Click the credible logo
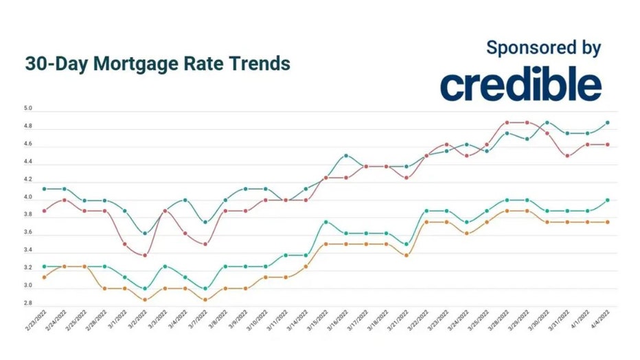(x=521, y=85)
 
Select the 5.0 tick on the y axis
(x=29, y=109)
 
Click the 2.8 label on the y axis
(x=29, y=303)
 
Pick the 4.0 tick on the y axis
(x=29, y=198)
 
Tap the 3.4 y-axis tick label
(x=29, y=250)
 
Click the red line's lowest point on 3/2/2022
(x=144, y=255)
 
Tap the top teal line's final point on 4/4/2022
(x=608, y=122)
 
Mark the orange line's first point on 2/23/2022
(x=44, y=277)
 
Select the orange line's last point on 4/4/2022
(x=608, y=222)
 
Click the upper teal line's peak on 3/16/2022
(x=345, y=155)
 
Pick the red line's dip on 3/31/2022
(x=567, y=155)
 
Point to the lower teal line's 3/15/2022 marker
(x=325, y=222)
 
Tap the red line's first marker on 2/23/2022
(x=44, y=210)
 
